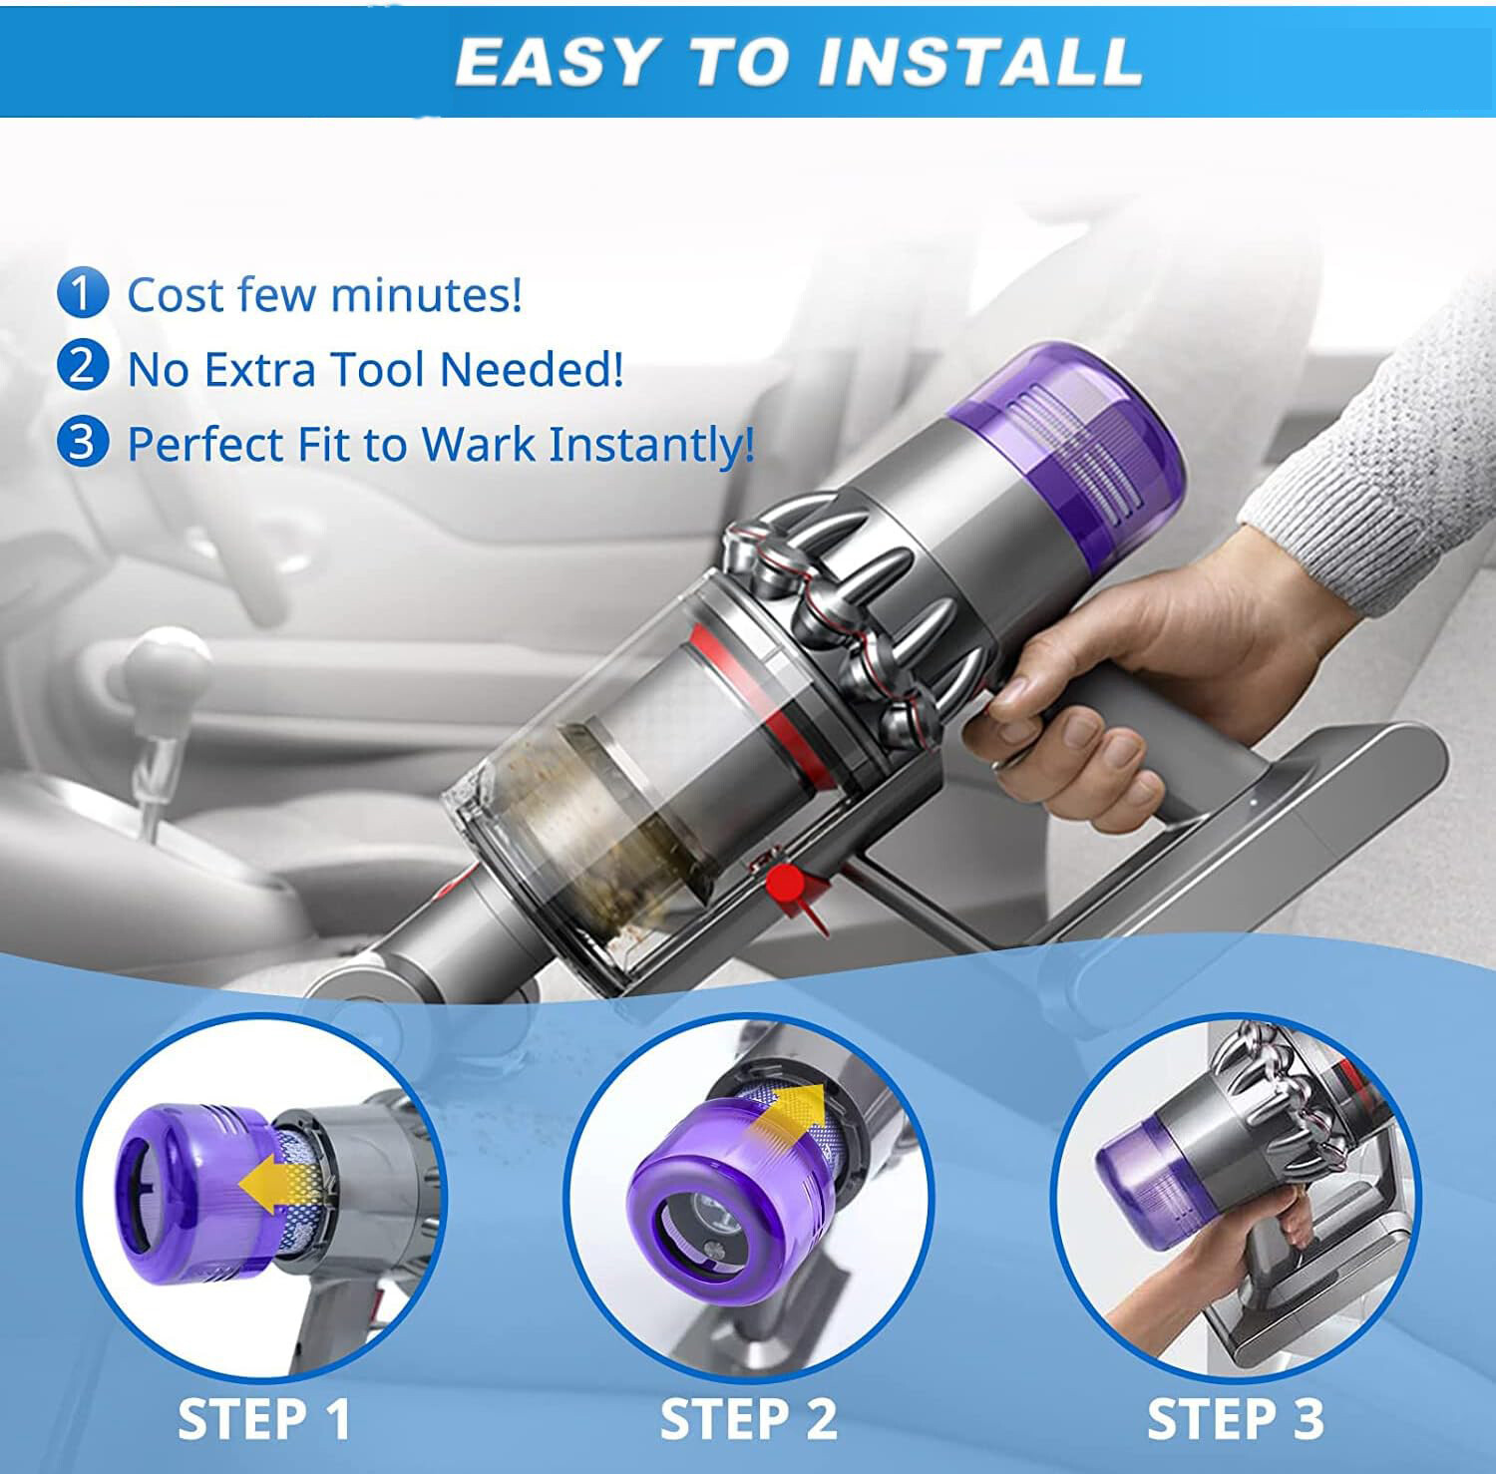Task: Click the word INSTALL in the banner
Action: (x=977, y=62)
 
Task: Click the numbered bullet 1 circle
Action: (x=82, y=293)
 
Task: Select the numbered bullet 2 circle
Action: (x=82, y=367)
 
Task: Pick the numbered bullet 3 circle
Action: (x=82, y=442)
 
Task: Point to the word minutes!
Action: (x=426, y=295)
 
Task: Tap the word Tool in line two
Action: (x=379, y=369)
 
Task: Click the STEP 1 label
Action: (x=264, y=1419)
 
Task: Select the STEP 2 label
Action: (x=748, y=1419)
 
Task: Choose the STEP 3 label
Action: (x=1235, y=1419)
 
